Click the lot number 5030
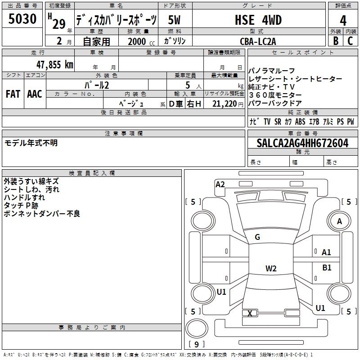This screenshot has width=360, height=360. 22,18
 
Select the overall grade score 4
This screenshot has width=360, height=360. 343,20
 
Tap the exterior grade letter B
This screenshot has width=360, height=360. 336,41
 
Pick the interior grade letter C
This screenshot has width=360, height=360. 350,41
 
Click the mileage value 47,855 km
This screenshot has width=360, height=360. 55,65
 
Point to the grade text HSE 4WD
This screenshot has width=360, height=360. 258,20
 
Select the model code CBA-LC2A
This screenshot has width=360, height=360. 258,41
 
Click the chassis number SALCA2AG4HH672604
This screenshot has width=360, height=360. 302,143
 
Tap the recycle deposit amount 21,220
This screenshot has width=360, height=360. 224,104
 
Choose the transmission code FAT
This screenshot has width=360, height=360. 13,94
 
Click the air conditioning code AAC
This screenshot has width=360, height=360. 35,94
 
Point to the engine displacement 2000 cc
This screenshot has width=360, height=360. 141,41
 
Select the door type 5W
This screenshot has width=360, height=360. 174,20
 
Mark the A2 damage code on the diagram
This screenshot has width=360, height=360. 220,184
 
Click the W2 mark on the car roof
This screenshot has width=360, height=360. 271,268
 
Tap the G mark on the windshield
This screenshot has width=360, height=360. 257,237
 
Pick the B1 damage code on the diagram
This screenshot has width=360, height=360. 327,267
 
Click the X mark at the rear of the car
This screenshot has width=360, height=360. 250,313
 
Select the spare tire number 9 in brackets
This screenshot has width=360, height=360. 196,344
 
